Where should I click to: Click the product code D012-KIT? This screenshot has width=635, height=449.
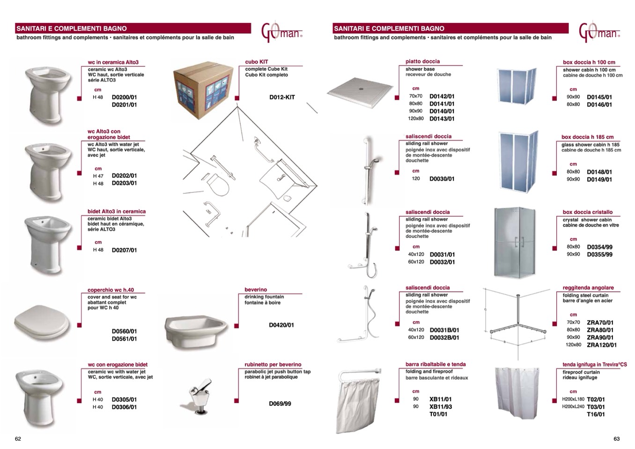[282, 97]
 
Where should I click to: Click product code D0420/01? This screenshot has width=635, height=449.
[281, 325]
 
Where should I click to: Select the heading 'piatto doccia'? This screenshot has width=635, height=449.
[422, 61]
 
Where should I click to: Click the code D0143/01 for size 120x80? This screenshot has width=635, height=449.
[442, 119]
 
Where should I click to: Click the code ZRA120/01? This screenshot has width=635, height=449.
[601, 345]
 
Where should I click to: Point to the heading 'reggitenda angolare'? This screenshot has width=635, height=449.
[588, 288]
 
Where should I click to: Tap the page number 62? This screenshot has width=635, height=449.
[18, 439]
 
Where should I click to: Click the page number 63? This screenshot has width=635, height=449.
[616, 439]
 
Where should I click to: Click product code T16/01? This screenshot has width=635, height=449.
[595, 414]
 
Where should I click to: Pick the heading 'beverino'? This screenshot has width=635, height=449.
[256, 290]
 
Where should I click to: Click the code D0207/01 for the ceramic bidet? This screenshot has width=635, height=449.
[124, 250]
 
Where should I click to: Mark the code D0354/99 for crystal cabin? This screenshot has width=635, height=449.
[599, 247]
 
